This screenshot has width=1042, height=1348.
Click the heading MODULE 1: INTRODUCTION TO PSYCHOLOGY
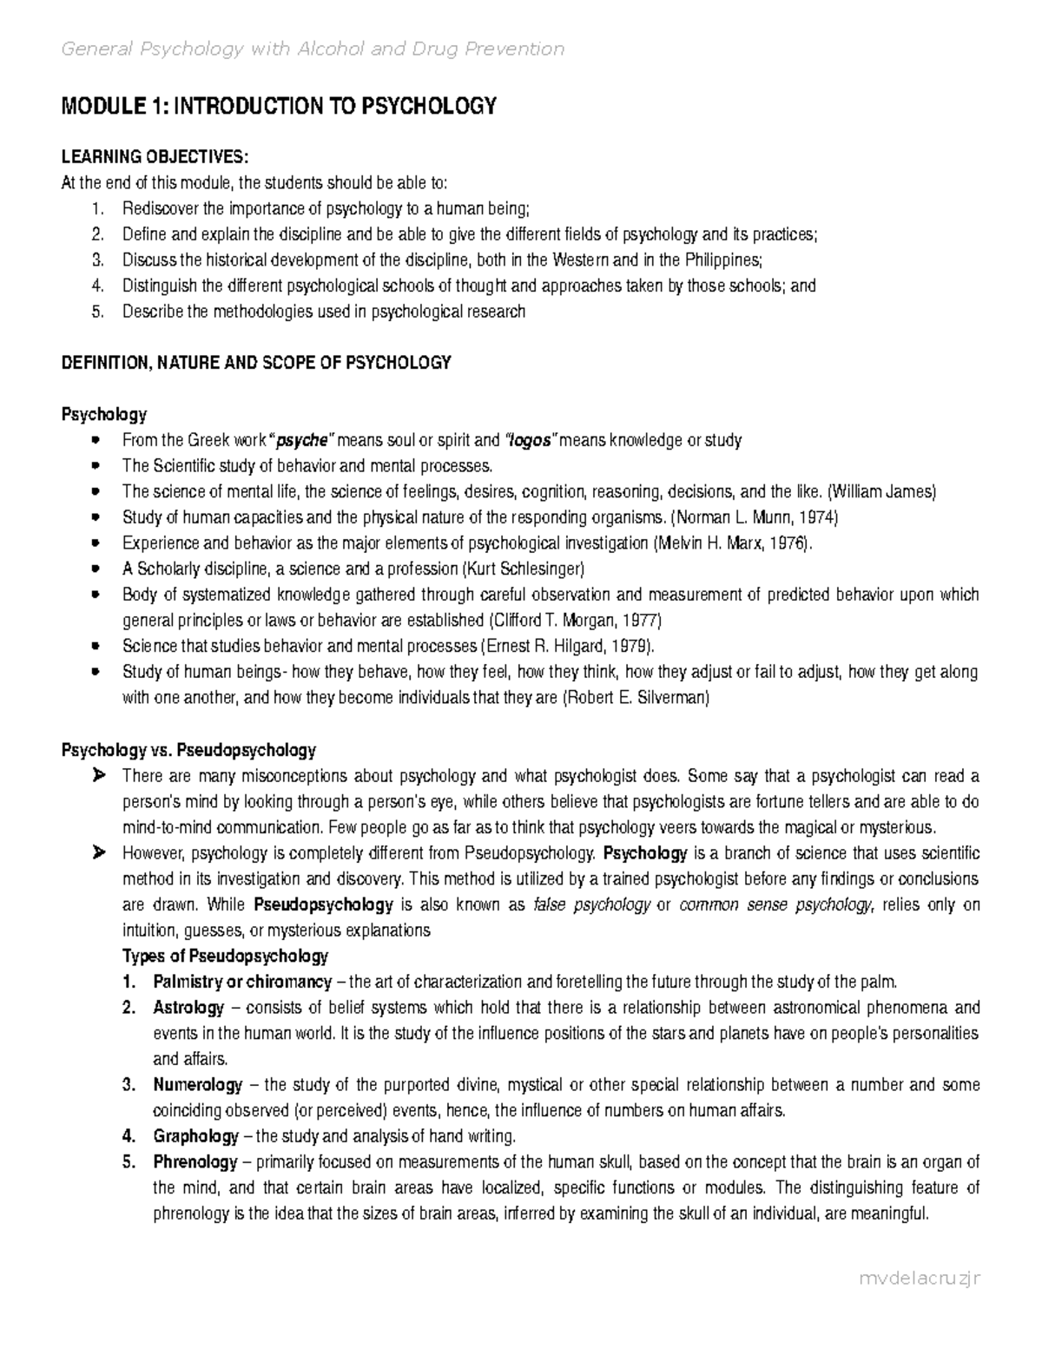click(x=278, y=107)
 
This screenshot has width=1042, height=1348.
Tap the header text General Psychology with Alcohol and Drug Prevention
click(x=313, y=49)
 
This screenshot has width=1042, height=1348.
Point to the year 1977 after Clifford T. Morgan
click(x=642, y=621)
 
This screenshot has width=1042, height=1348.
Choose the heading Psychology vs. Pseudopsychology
click(x=188, y=749)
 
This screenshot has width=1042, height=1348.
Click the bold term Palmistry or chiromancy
click(x=242, y=982)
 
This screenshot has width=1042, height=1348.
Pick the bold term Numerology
click(x=197, y=1085)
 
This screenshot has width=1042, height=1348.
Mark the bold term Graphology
click(x=195, y=1136)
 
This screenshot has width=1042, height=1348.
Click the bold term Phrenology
click(x=195, y=1162)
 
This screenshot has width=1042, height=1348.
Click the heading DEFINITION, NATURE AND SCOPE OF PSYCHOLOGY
click(x=256, y=363)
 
